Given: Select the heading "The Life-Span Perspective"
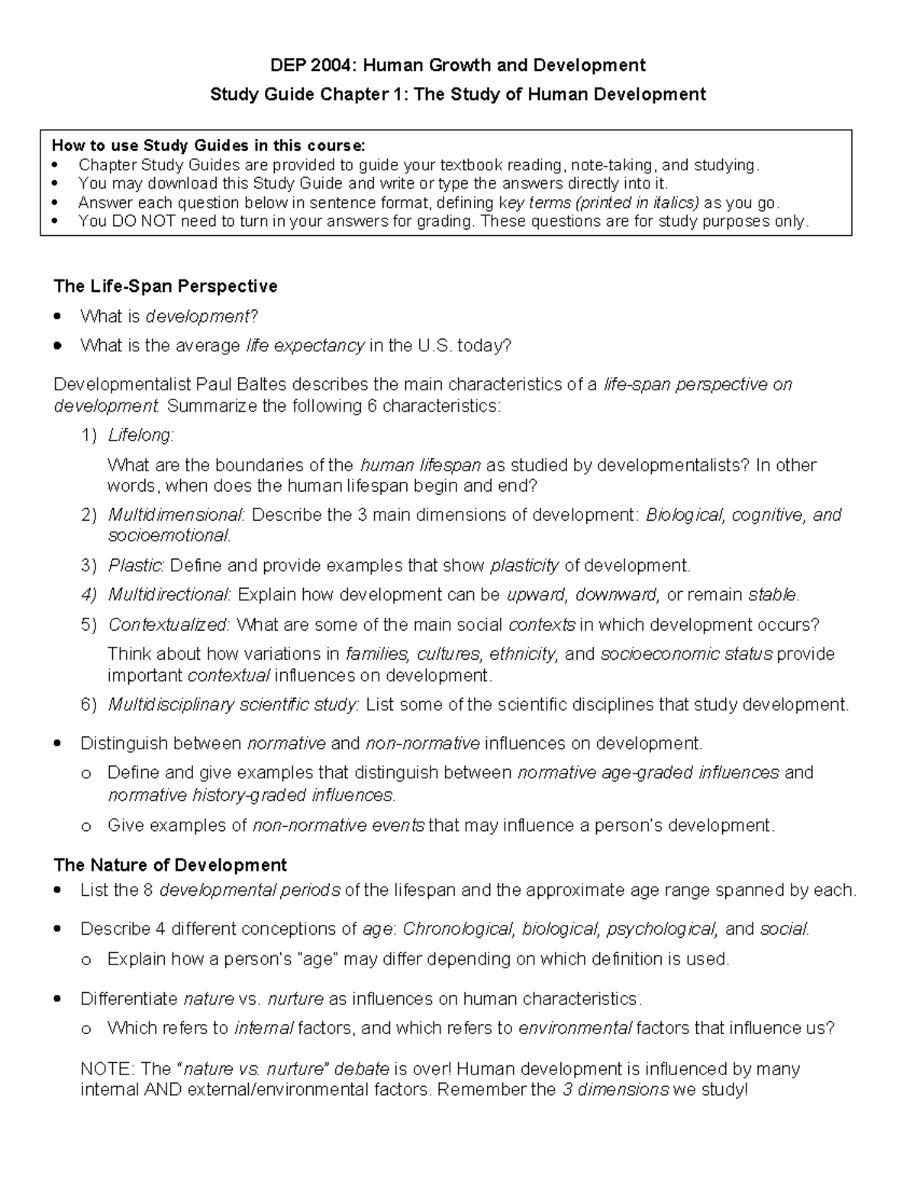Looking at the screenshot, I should (x=165, y=286).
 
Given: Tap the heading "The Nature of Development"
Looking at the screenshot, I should (x=169, y=864).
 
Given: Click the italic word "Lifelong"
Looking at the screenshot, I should (x=140, y=435).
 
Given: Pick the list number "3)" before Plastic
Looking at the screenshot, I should (x=89, y=566).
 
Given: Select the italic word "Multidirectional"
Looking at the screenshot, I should (x=168, y=595).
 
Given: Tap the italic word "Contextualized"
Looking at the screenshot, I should (x=167, y=625).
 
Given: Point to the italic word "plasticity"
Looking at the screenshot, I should (x=524, y=566).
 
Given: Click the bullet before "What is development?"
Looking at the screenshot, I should (x=60, y=317).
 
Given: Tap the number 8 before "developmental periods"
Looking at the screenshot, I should (x=149, y=890).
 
